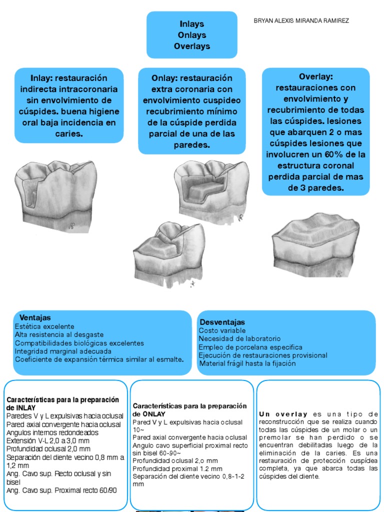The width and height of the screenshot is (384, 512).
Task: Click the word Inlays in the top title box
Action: click(192, 24)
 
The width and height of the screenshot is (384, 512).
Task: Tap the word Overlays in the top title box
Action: click(192, 46)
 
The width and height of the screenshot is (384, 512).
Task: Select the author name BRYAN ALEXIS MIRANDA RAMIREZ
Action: click(301, 20)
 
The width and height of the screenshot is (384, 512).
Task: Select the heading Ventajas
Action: click(35, 318)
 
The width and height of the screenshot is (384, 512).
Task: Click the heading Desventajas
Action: click(222, 322)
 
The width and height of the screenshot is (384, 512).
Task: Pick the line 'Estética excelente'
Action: click(43, 326)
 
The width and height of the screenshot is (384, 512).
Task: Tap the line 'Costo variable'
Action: click(222, 330)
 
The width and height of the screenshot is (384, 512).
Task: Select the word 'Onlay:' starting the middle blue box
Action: click(163, 78)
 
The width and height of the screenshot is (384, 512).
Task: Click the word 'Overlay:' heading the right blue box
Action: click(315, 76)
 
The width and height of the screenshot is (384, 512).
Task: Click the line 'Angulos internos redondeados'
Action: click(52, 432)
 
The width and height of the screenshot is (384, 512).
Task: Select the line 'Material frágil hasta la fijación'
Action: click(247, 363)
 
